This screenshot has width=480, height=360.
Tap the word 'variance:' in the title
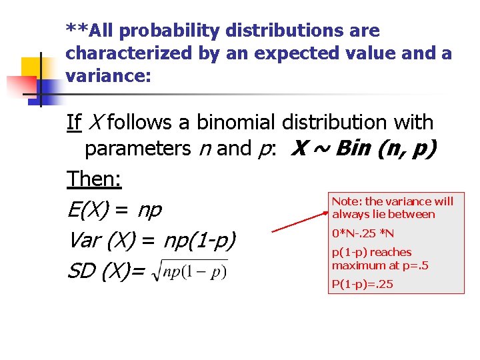pyautogui.click(x=109, y=76)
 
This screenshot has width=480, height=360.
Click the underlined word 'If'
pyautogui.click(x=74, y=123)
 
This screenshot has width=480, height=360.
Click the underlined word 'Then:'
pyautogui.click(x=94, y=179)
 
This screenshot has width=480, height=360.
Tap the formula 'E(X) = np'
pyautogui.click(x=114, y=210)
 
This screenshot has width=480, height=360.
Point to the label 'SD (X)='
pyautogui.click(x=105, y=271)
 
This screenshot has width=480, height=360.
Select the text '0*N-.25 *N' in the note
pyautogui.click(x=363, y=233)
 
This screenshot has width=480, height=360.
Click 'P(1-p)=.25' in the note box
pyautogui.click(x=363, y=285)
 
